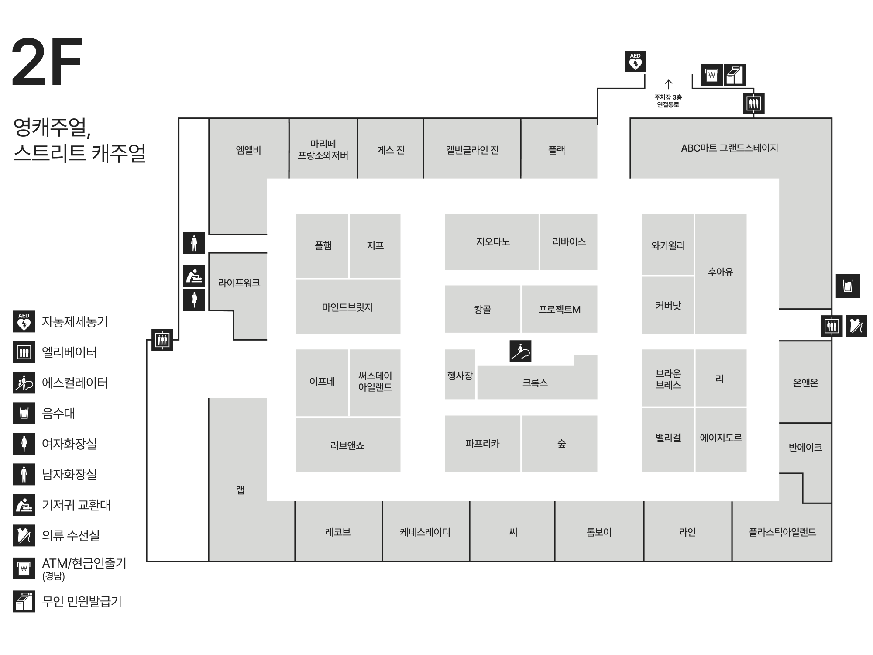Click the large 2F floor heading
[x=47, y=62]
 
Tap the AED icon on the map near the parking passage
[x=635, y=61]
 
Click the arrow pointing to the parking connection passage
[x=668, y=84]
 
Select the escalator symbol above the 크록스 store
[x=520, y=352]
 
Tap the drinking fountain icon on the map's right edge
[x=848, y=286]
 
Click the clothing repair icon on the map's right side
[x=856, y=326]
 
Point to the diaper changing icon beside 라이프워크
[x=194, y=276]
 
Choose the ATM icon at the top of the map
[x=712, y=75]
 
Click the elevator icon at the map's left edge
[x=162, y=340]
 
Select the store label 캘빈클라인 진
[x=472, y=150]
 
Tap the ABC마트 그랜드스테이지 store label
[x=729, y=148]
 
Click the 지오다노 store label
[x=493, y=242]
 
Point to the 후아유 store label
[x=720, y=272]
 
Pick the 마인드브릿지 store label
[x=347, y=307]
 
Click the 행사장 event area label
[x=460, y=376]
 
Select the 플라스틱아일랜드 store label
[x=783, y=532]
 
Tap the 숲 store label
[x=561, y=444]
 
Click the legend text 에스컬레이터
[x=75, y=383]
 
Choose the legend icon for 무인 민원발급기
[x=24, y=601]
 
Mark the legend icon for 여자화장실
[x=24, y=444]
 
